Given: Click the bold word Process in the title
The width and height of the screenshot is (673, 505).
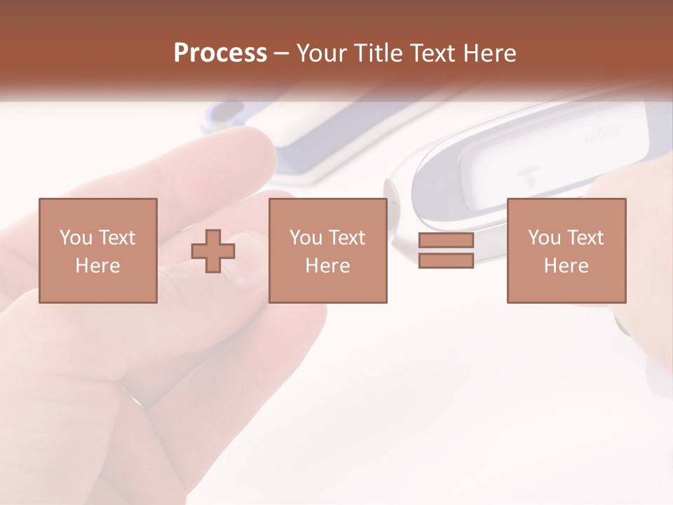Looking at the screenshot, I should point(220,53).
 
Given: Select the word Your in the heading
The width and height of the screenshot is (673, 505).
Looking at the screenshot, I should point(322,53).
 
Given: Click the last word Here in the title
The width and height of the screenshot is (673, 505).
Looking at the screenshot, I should point(491,53).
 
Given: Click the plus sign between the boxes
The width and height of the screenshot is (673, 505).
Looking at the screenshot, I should point(213,251).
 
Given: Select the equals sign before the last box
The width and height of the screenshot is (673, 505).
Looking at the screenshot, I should point(446,250).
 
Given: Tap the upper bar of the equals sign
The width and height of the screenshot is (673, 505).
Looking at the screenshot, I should point(446,241).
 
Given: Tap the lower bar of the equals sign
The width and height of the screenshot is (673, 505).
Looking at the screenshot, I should point(446,260).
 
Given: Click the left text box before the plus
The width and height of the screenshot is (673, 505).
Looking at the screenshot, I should point(97,250).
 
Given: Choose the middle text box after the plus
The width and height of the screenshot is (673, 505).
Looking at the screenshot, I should point(327,250).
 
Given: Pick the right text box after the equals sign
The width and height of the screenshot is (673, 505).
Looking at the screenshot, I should point(566,250).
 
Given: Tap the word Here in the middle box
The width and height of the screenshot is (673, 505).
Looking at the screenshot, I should point(327,266).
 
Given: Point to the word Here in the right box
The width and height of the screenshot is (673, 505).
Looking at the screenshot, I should point(566,266).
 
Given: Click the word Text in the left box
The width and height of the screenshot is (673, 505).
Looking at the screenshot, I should point(116,238).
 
